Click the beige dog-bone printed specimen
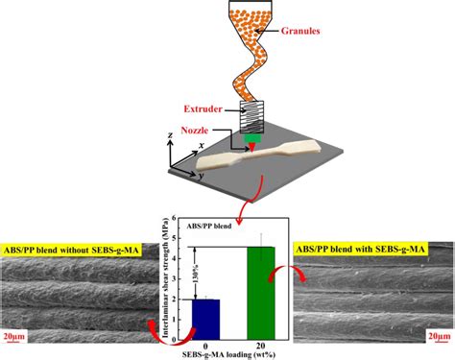[x=263, y=160]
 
